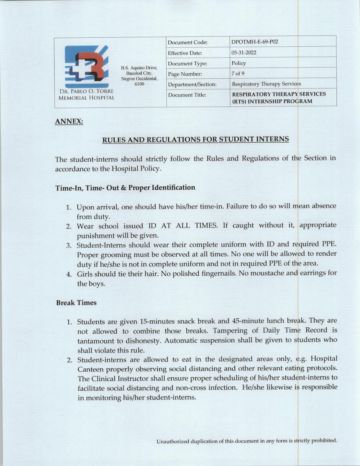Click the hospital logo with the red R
point(86,66)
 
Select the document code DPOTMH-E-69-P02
point(255,42)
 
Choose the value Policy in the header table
point(239,63)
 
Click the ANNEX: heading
point(69,121)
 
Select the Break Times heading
point(76,303)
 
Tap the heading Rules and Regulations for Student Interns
point(195,139)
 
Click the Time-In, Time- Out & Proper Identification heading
point(125,188)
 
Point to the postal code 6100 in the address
point(139,84)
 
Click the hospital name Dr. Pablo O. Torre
point(86,92)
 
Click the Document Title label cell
point(187,95)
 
